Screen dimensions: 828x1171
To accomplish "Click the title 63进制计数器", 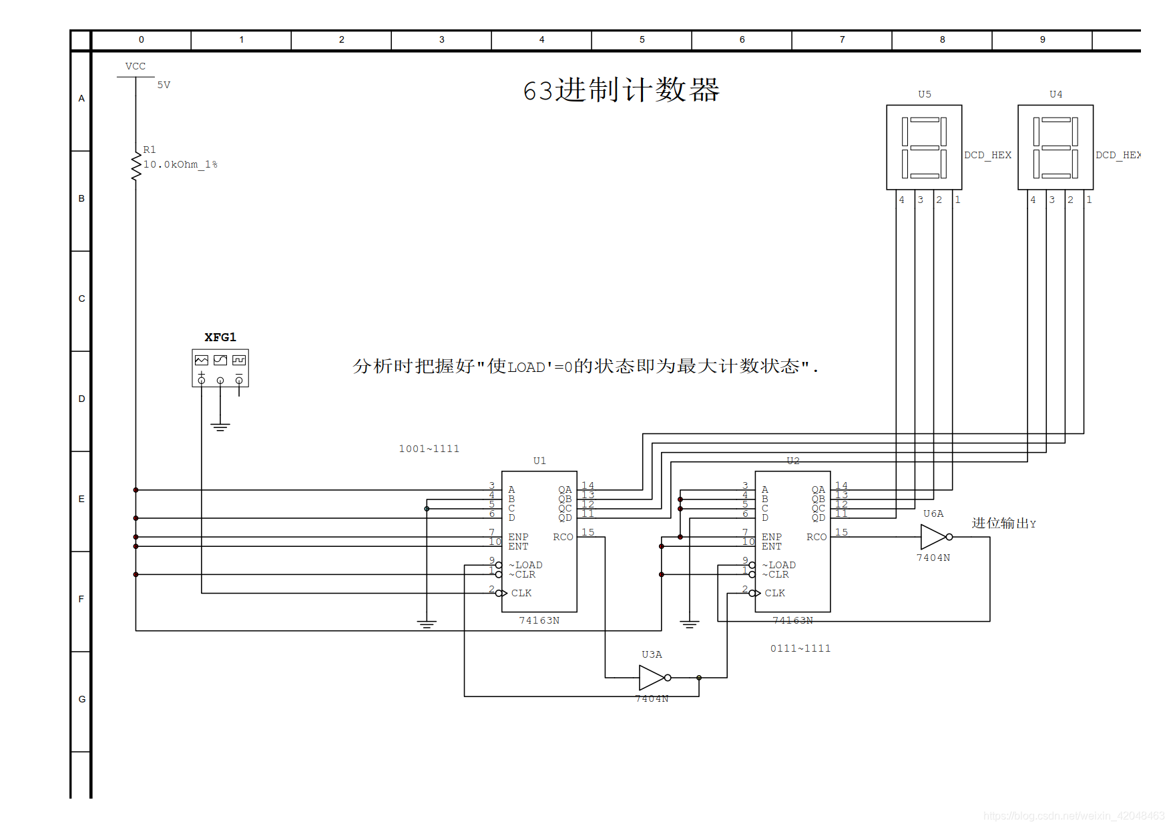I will click(621, 90).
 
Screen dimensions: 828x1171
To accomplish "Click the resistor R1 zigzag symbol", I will click(136, 166).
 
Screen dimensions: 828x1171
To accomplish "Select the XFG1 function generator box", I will click(220, 368).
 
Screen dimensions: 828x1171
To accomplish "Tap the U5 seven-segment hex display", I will click(924, 148).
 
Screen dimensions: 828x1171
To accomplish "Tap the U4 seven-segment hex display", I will click(1056, 148).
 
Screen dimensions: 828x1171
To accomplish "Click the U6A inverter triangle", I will click(933, 537).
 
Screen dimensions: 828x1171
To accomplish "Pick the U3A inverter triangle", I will click(652, 678).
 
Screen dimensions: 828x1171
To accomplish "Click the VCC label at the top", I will click(136, 66).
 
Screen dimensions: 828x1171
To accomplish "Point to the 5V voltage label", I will click(164, 85).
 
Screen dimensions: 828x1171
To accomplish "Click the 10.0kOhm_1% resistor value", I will click(180, 164).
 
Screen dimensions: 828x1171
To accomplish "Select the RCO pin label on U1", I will click(563, 537).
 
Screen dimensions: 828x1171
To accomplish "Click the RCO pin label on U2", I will click(816, 537).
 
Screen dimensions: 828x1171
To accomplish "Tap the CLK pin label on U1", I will click(521, 593).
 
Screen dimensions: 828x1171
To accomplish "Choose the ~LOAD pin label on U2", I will click(779, 565).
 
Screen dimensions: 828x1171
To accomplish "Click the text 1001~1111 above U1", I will click(429, 449).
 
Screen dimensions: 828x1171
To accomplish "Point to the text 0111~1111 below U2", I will click(800, 648).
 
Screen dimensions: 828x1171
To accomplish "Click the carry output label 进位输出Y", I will click(1003, 524).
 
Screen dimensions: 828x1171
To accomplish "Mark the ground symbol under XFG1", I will click(220, 427).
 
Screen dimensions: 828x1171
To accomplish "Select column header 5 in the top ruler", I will click(642, 39).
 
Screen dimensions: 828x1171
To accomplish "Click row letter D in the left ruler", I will click(81, 399).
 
